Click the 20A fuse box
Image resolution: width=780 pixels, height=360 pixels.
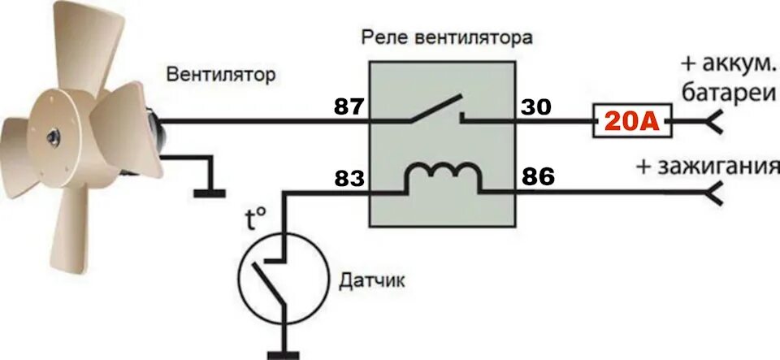pyautogui.click(x=632, y=123)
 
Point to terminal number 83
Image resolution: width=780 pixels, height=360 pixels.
pyautogui.click(x=350, y=177)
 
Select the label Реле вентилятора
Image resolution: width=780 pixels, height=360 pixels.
pyautogui.click(x=448, y=37)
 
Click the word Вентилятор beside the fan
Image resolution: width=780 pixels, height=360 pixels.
pyautogui.click(x=221, y=76)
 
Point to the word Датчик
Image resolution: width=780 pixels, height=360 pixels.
pyautogui.click(x=372, y=283)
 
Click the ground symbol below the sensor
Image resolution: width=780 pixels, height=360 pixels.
pyautogui.click(x=284, y=353)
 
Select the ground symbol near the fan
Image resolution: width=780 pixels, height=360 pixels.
pyautogui.click(x=210, y=191)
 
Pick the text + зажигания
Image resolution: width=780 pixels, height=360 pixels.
pyautogui.click(x=702, y=167)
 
